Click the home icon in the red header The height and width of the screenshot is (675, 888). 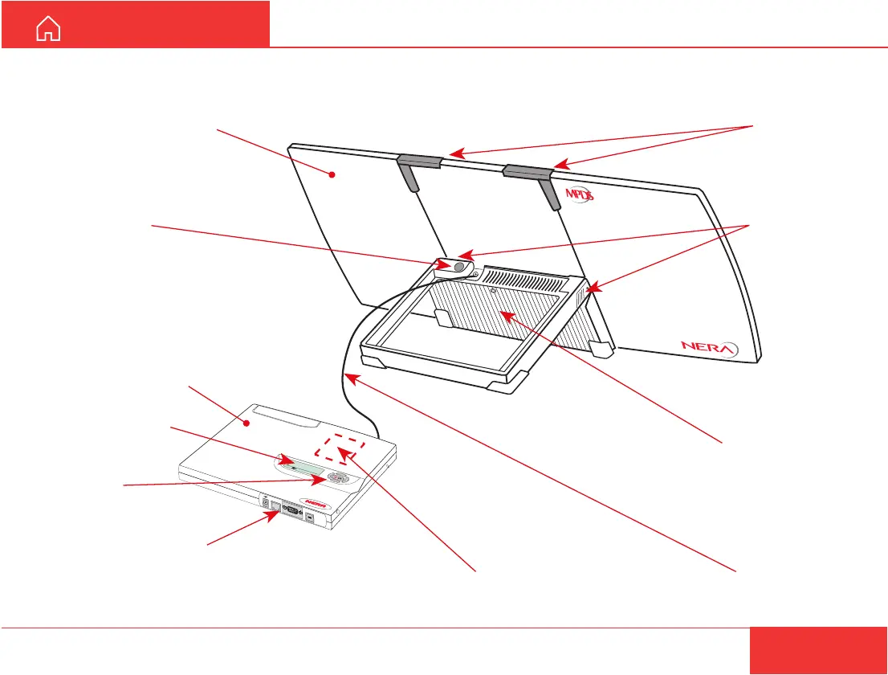[x=49, y=31]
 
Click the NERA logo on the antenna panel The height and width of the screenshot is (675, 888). [x=709, y=349]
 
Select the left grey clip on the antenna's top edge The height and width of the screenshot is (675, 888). [x=418, y=162]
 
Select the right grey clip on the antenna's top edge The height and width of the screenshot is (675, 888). [x=527, y=170]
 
